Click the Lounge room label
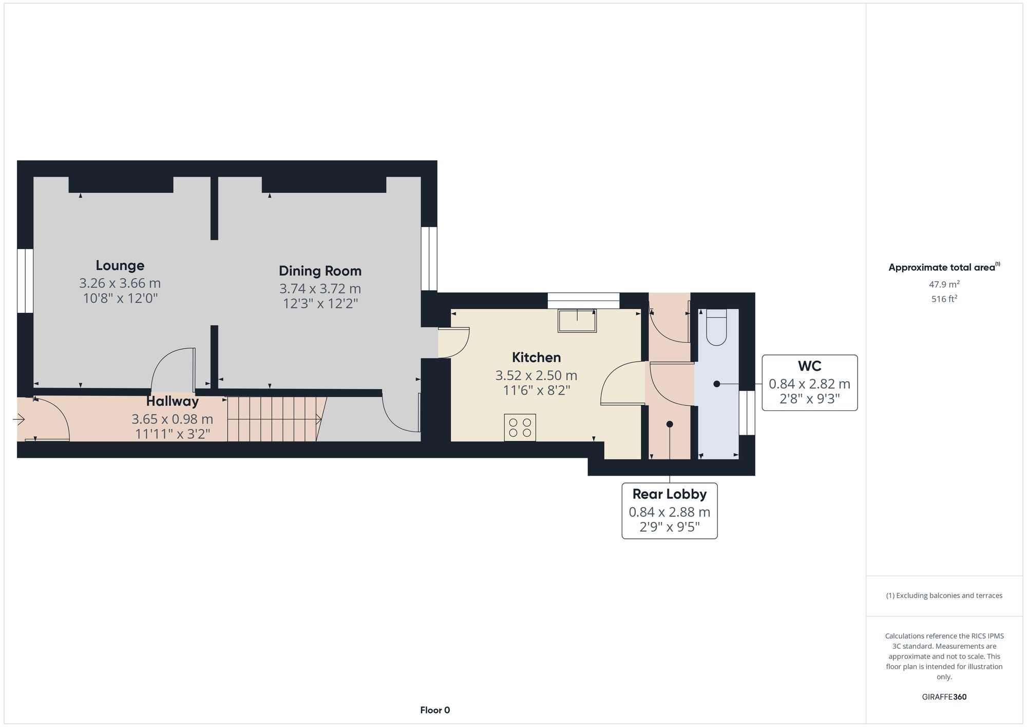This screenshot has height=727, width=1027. [x=120, y=266]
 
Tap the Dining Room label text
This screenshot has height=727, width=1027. [x=320, y=271]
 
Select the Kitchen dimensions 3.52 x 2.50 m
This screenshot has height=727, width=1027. [x=536, y=376]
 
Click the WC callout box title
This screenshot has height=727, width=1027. [x=809, y=366]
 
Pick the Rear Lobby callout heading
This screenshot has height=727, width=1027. [x=669, y=494]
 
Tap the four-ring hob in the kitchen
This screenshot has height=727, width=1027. [x=520, y=427]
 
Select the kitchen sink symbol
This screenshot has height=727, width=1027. [x=577, y=322]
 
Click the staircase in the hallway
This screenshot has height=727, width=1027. [x=272, y=419]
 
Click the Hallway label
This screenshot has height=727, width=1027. [x=172, y=401]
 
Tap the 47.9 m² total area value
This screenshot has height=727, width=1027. [x=944, y=284]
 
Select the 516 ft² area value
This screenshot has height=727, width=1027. [x=944, y=299]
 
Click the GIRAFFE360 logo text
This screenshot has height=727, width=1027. [x=944, y=697]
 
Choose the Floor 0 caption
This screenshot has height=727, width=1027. [x=435, y=711]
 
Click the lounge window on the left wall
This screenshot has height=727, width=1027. [x=25, y=281]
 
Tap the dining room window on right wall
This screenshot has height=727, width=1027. [x=429, y=259]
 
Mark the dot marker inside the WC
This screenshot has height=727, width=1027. [x=716, y=384]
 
